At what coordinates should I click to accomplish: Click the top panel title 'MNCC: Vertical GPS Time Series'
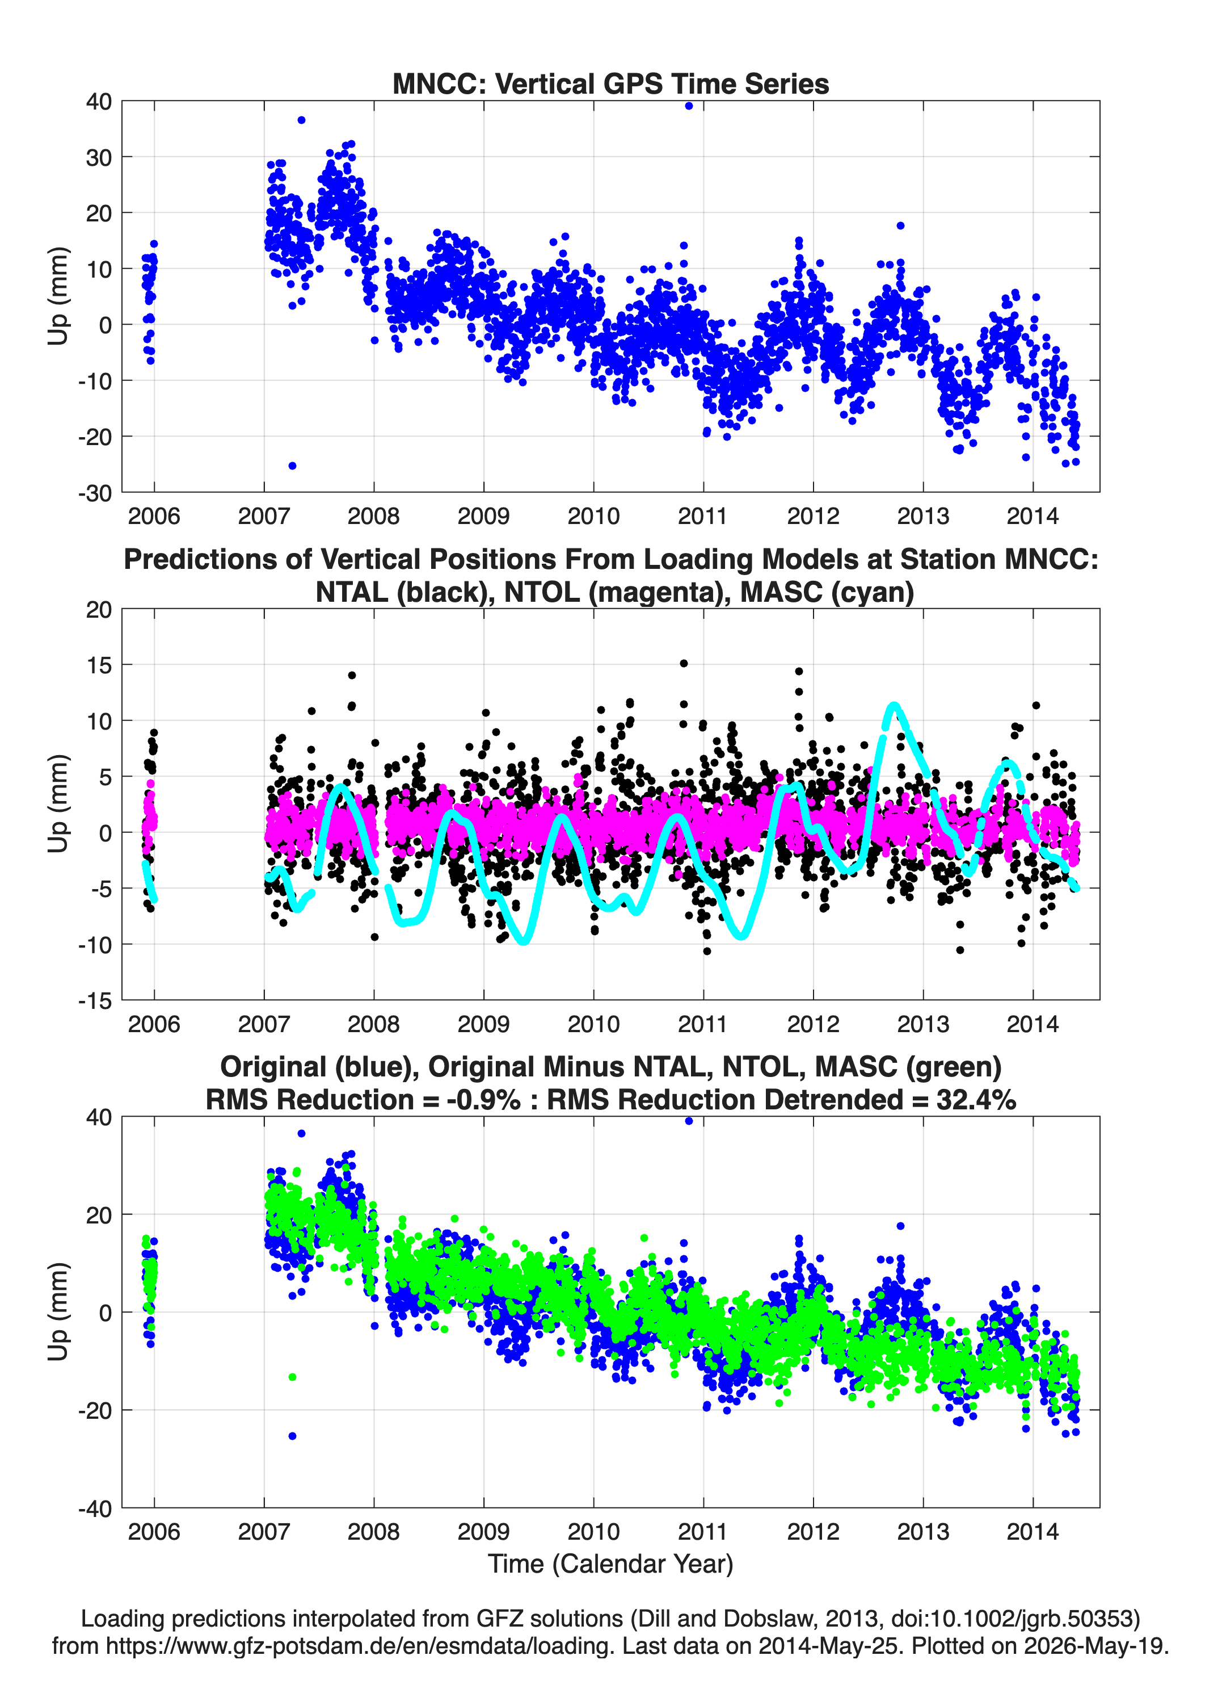coord(610,83)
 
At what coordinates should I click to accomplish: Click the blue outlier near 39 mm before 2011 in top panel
coord(689,106)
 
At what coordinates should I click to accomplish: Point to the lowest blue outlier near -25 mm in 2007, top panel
coord(292,466)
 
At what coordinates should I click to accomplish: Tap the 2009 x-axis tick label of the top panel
coord(483,516)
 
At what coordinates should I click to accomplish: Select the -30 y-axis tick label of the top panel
coord(95,493)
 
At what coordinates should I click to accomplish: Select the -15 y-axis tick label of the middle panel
coord(95,1001)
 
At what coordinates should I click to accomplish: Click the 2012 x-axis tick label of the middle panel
coord(813,1024)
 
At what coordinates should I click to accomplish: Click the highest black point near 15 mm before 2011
coord(684,663)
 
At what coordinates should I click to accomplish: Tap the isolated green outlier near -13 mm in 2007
coord(292,1377)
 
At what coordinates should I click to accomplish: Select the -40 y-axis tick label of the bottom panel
coord(95,1508)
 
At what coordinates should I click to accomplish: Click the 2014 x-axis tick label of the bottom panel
coord(1033,1532)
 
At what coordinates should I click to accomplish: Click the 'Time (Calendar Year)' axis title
coord(610,1564)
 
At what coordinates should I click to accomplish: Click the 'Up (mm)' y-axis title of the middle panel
coord(58,804)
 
